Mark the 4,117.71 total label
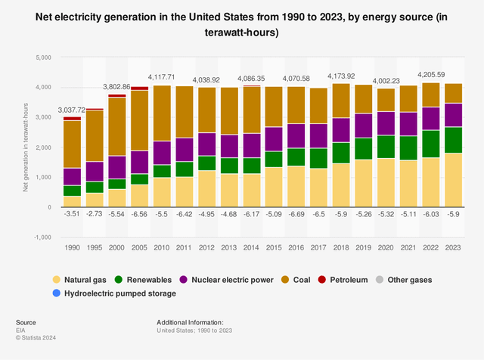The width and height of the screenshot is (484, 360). [x=161, y=77]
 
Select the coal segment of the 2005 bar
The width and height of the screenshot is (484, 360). [x=138, y=121]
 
